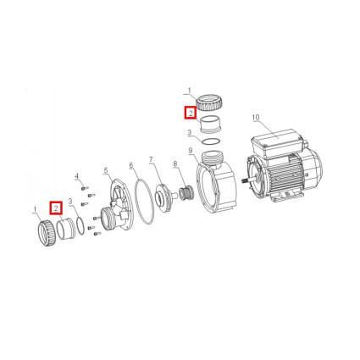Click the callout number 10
click(x=256, y=118)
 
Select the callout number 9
click(x=190, y=151)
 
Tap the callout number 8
click(x=175, y=163)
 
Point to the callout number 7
click(x=151, y=160)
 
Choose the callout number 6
click(x=130, y=165)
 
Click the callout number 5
click(x=106, y=170)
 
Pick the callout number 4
click(x=76, y=177)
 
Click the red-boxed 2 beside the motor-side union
click(x=191, y=114)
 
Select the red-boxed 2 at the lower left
click(x=56, y=208)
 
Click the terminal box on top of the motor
click(x=276, y=144)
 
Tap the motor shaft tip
click(x=243, y=180)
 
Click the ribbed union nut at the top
click(x=210, y=103)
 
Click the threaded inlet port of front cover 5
click(x=108, y=219)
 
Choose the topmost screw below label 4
click(x=85, y=188)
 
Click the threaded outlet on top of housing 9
click(x=212, y=158)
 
